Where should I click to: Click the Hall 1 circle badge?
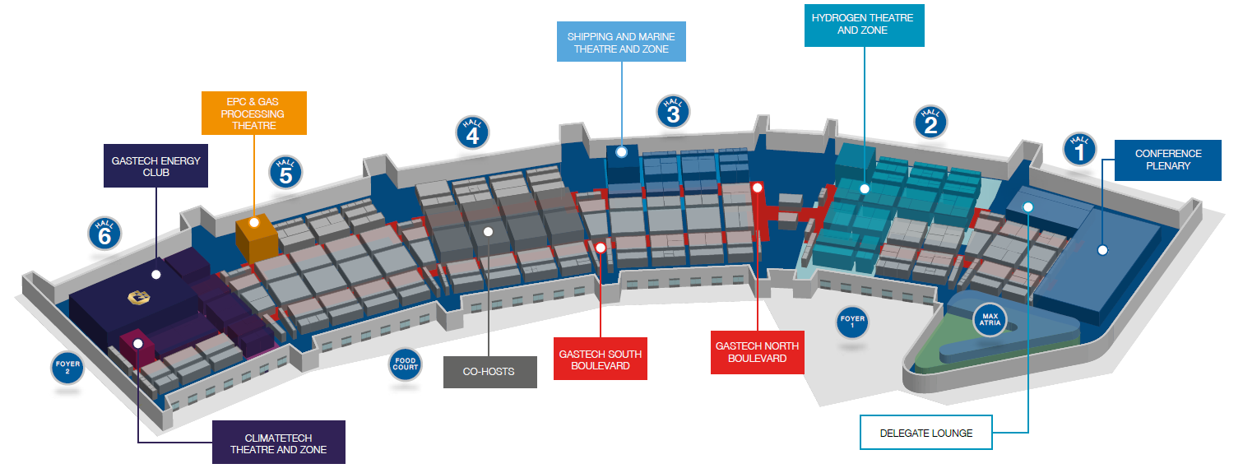(x=1079, y=150)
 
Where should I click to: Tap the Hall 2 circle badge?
(x=930, y=122)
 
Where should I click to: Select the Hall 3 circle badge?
(x=673, y=112)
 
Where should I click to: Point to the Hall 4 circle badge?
(x=472, y=132)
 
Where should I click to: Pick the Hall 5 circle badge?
(x=285, y=172)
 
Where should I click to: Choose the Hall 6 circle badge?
(x=104, y=233)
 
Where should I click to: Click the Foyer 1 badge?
(x=852, y=322)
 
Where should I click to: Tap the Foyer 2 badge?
(x=67, y=367)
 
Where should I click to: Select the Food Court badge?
(x=405, y=364)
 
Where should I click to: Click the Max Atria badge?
(x=990, y=320)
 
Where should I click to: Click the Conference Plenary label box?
(x=1168, y=160)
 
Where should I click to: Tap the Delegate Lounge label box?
(x=926, y=433)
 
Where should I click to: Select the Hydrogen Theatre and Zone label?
(x=865, y=26)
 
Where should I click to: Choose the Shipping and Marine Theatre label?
(x=622, y=42)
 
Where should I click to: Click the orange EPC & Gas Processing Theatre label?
(x=254, y=114)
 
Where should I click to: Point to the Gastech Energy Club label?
(x=156, y=166)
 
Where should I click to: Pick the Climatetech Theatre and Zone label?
(x=279, y=443)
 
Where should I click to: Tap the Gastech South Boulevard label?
(x=601, y=359)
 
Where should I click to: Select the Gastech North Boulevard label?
(x=758, y=353)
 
